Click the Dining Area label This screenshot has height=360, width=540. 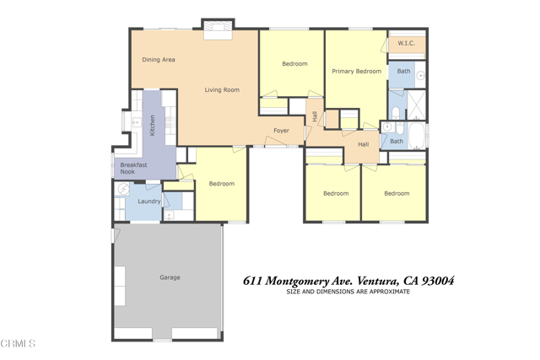click(159, 60)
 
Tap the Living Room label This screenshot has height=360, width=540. click(222, 90)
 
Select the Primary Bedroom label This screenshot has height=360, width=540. click(356, 72)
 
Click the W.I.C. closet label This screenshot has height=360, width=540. click(406, 43)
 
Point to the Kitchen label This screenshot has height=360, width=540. click(152, 126)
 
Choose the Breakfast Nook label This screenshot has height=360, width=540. click(133, 168)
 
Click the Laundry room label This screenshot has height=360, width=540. click(148, 201)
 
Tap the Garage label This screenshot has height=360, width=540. click(170, 277)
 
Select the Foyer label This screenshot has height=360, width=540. click(281, 131)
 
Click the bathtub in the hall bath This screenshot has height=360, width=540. click(416, 135)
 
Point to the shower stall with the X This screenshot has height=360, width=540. click(416, 105)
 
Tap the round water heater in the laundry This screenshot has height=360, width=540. click(123, 189)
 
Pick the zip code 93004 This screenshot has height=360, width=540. click(438, 281)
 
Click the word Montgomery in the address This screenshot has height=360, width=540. click(297, 282)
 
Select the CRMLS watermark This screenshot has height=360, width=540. click(18, 343)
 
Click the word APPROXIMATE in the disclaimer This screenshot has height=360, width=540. click(390, 292)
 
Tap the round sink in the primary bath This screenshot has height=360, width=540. click(421, 75)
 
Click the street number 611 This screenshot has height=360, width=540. click(252, 281)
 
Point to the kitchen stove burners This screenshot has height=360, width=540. click(170, 122)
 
